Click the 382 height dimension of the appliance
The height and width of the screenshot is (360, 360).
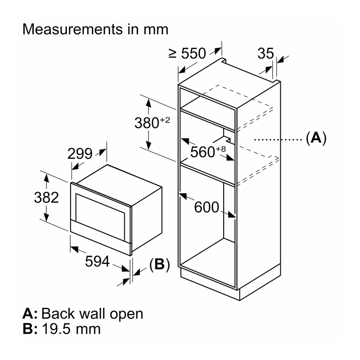46,198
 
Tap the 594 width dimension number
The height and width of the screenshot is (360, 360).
97,261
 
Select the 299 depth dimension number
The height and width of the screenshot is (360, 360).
80,153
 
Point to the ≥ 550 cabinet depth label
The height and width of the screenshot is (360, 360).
187,53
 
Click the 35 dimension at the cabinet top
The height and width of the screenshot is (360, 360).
265,53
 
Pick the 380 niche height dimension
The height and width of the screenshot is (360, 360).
147,122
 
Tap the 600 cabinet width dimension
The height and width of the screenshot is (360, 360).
207,207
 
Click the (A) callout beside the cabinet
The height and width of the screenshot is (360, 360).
316,138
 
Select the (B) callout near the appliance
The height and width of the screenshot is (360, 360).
160,264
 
